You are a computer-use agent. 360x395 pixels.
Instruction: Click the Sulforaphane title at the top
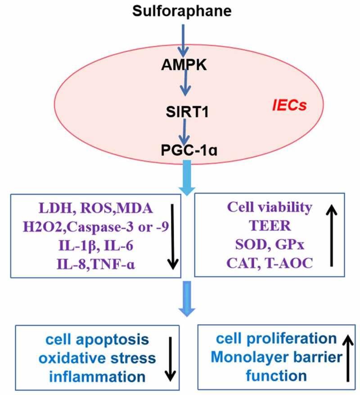182,11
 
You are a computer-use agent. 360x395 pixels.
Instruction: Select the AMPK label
184,65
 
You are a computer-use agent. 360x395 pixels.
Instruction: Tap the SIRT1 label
187,112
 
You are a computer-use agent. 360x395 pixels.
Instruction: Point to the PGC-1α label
189,150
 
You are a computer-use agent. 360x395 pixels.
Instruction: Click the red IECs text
289,105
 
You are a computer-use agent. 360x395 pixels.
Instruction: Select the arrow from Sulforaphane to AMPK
183,41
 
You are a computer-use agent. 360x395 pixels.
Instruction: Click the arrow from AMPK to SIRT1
185,82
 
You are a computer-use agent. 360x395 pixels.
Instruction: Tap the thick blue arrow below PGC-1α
187,177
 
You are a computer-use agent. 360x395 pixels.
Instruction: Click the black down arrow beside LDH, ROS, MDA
173,237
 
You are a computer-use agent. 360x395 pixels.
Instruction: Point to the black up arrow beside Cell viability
332,236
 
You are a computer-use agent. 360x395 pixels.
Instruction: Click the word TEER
270,226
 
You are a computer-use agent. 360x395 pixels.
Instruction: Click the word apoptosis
112,340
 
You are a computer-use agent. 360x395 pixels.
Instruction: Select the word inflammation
97,377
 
